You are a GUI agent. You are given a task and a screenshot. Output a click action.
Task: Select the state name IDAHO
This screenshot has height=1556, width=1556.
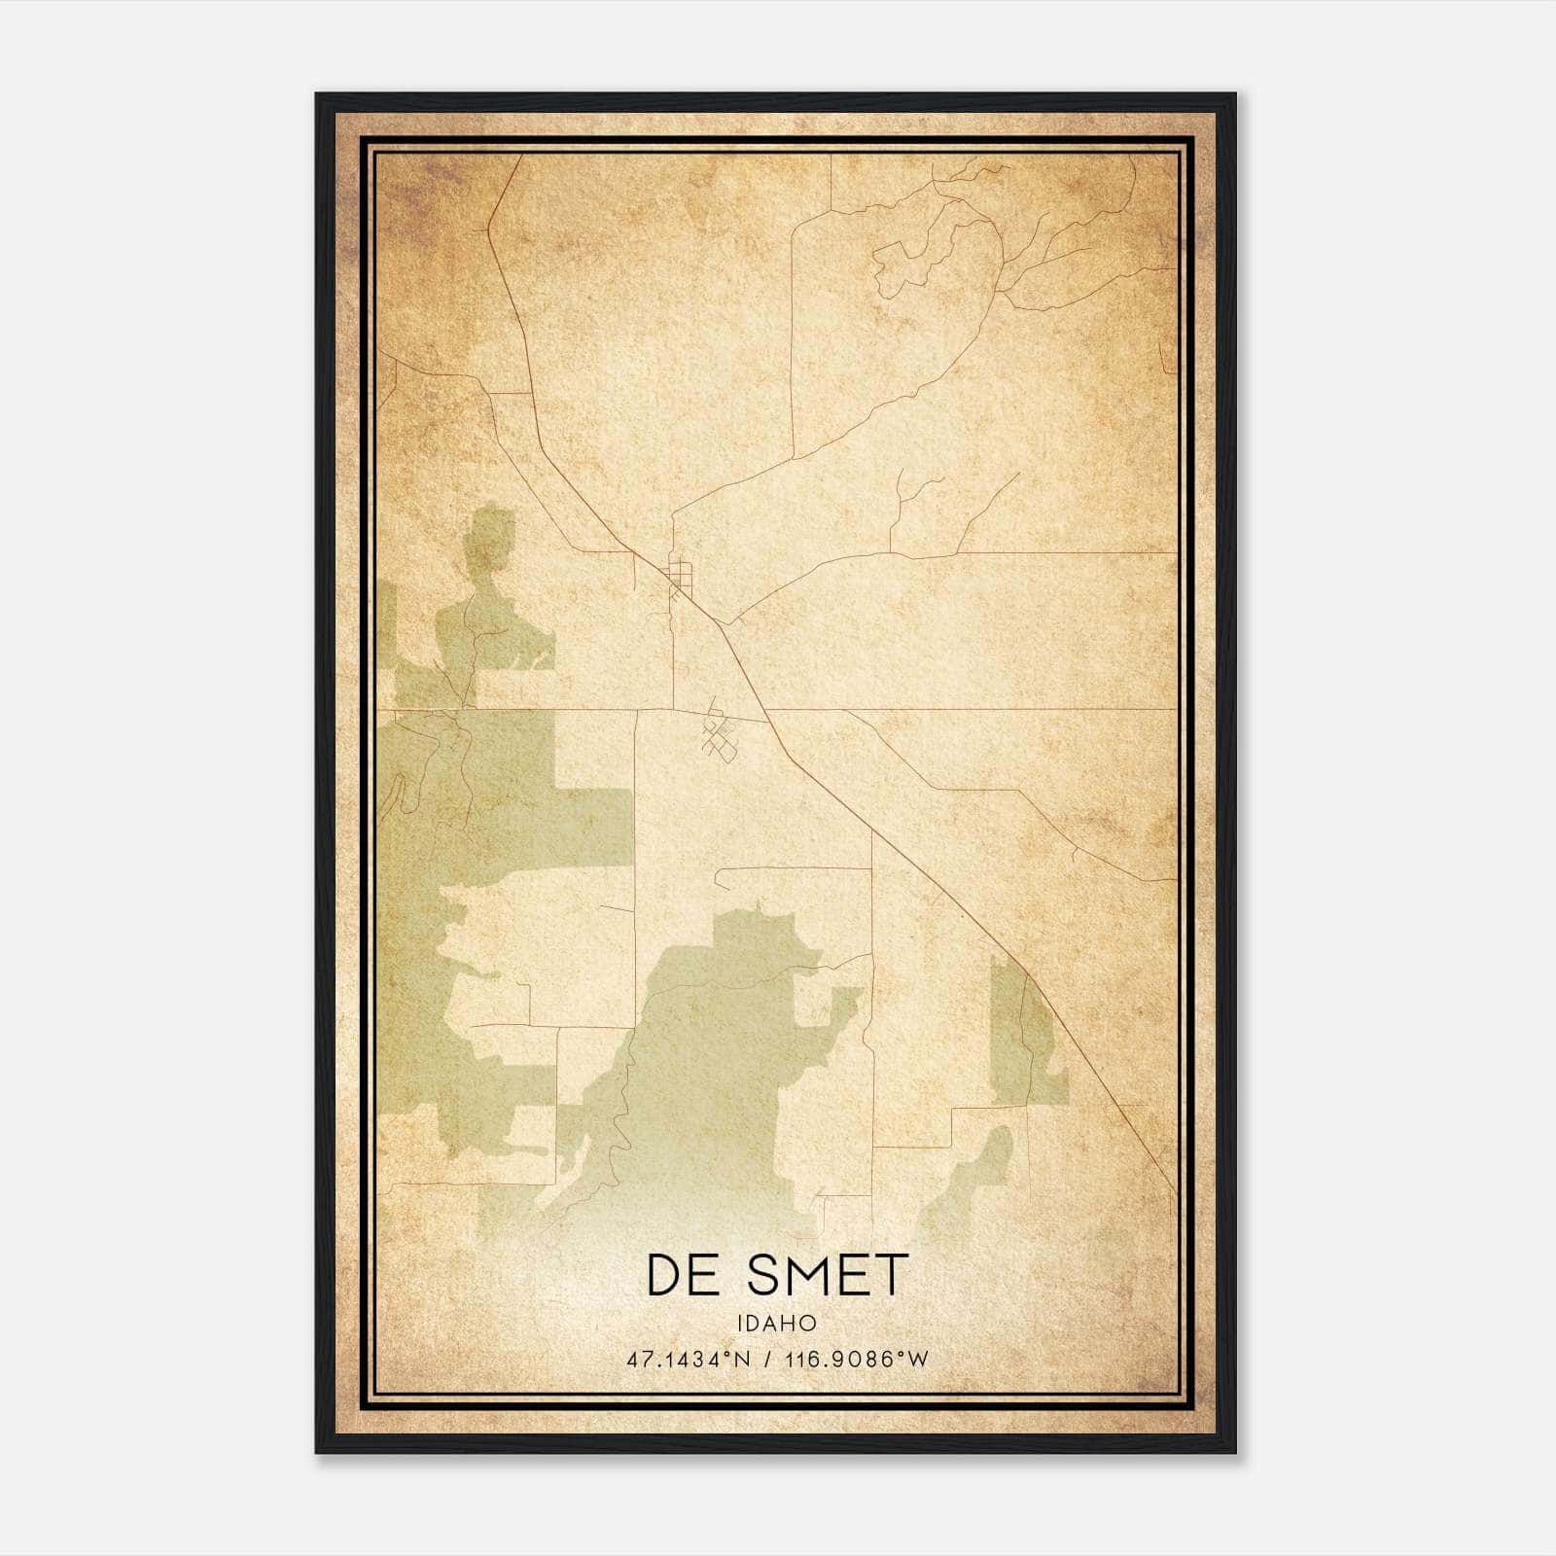pyautogui.click(x=776, y=1324)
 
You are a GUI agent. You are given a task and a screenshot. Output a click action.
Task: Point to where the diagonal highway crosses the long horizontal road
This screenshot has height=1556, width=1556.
pyautogui.click(x=767, y=709)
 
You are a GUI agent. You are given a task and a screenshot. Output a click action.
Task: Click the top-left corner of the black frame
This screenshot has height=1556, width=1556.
pyautogui.click(x=318, y=95)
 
